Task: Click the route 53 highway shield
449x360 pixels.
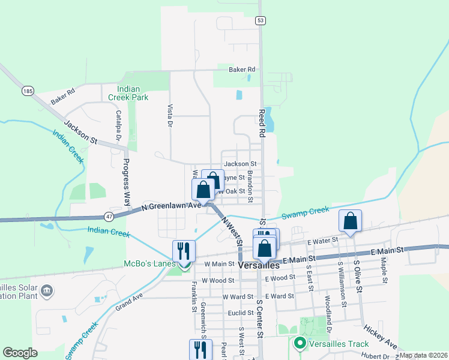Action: [260, 20]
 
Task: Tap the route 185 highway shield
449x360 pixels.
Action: [27, 91]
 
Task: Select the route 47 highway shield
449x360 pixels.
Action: [108, 216]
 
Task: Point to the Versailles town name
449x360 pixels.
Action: [259, 265]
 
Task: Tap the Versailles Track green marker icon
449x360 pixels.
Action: [299, 344]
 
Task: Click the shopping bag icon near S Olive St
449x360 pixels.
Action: [351, 221]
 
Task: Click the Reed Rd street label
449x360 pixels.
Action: [261, 124]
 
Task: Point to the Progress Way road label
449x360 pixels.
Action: [127, 175]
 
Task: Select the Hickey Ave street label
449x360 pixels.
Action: [381, 338]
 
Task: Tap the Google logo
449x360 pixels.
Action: [20, 353]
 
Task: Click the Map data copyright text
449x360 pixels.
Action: [423, 355]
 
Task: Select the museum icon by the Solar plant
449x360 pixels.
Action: [46, 292]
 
